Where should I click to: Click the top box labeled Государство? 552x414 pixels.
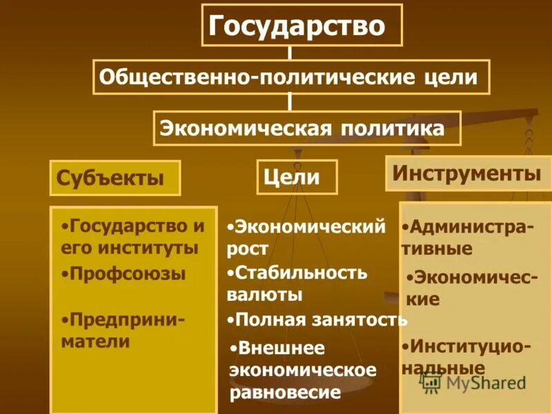click(x=302, y=26)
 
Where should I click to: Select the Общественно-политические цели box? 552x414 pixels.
click(x=291, y=77)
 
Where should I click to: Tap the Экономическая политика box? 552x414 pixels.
click(x=307, y=128)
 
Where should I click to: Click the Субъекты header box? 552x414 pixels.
click(x=115, y=178)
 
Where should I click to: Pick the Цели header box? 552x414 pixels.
click(x=297, y=177)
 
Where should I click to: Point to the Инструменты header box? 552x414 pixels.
click(x=466, y=173)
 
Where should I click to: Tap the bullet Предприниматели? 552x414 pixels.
click(x=124, y=331)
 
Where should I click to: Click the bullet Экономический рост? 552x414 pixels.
click(x=305, y=237)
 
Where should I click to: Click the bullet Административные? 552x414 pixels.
click(x=466, y=237)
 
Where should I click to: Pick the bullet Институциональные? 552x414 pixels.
click(x=465, y=355)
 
